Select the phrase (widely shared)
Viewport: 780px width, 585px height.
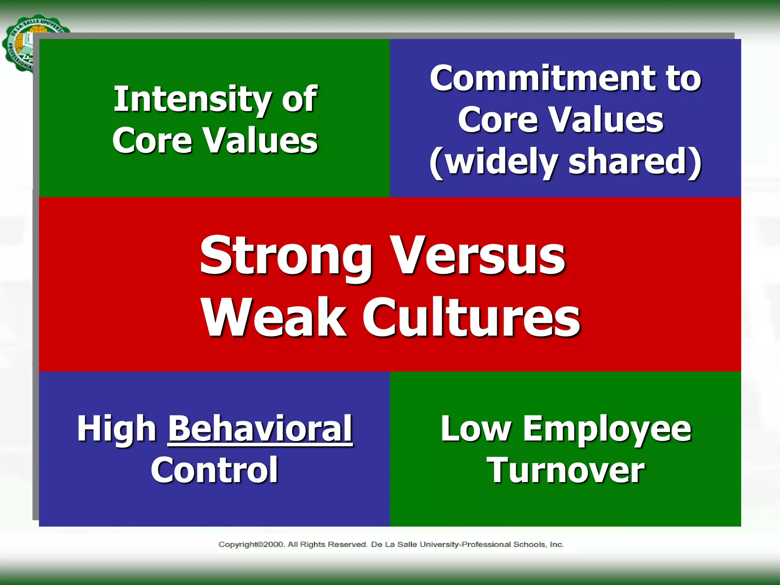(566, 161)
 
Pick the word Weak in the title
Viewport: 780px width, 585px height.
(274, 317)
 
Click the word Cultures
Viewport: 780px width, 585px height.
(471, 317)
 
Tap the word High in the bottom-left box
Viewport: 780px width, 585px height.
(117, 429)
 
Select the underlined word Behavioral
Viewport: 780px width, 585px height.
(260, 429)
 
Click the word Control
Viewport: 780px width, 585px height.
(214, 470)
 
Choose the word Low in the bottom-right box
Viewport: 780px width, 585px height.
(476, 429)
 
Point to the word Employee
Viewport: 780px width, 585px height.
(607, 429)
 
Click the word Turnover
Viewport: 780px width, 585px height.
(566, 470)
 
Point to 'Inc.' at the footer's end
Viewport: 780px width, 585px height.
(557, 545)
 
